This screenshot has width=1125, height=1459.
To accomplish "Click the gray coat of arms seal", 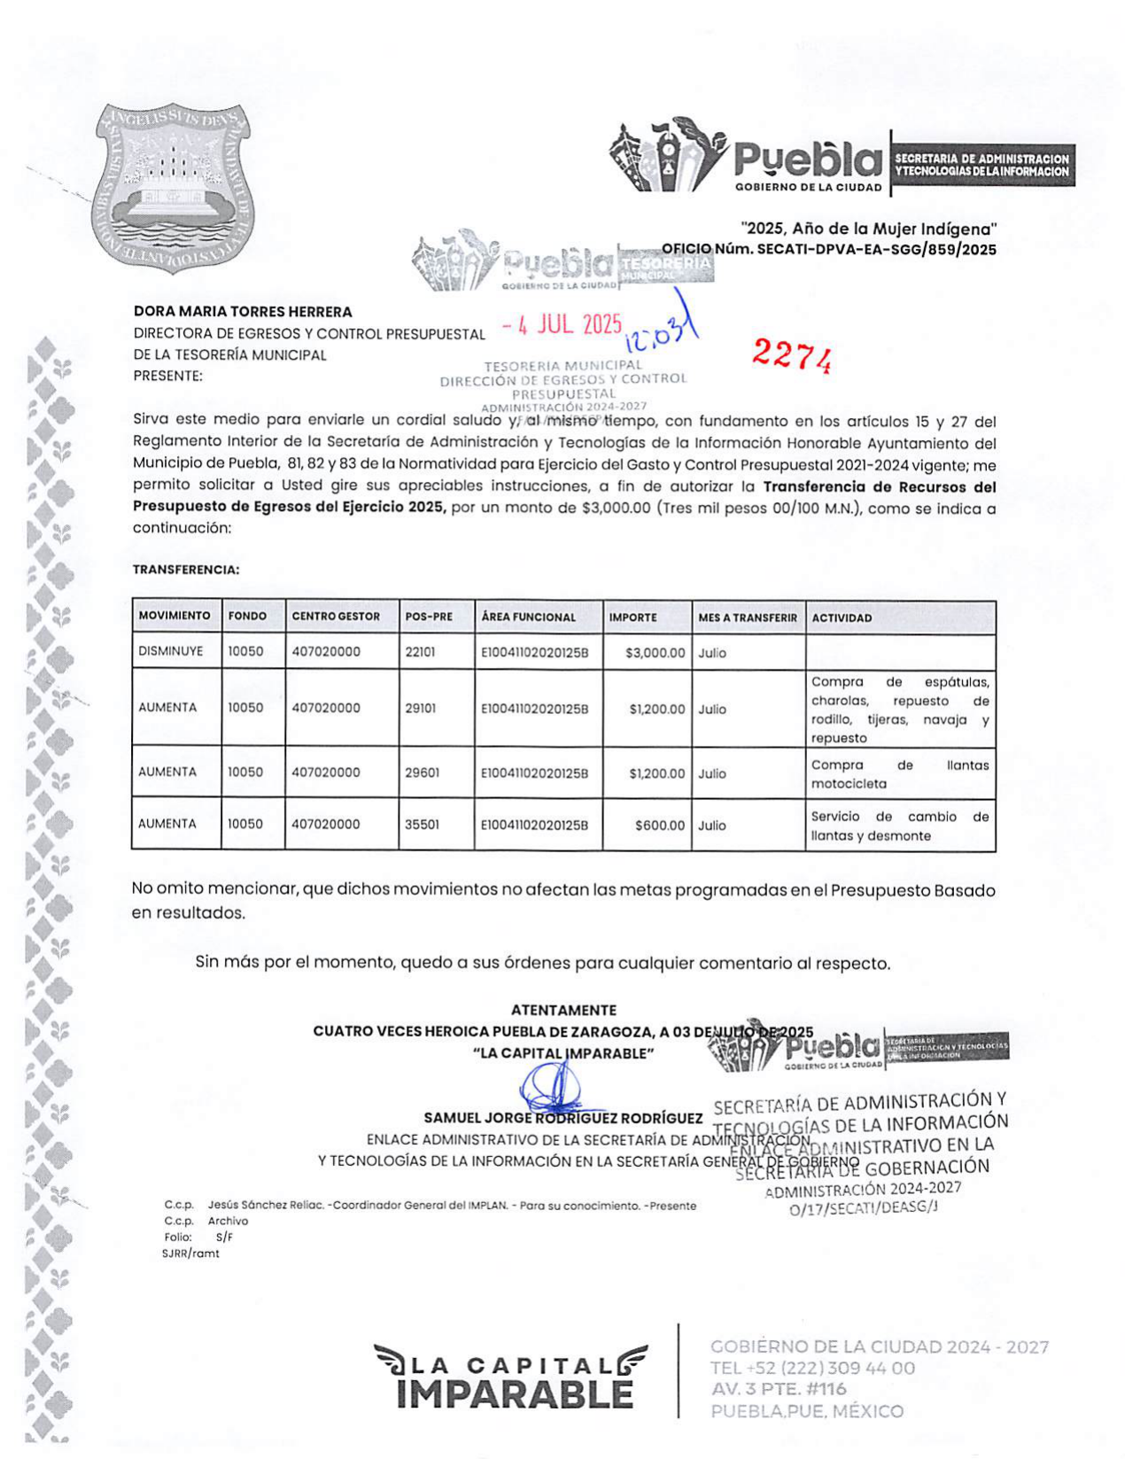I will [175, 189].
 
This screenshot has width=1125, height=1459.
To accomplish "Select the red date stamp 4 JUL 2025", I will [562, 325].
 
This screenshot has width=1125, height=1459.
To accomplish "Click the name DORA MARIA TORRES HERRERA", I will [243, 312].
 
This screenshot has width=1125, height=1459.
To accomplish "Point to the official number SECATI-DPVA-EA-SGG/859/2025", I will [876, 250].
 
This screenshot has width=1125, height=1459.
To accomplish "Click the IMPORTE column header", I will [632, 617].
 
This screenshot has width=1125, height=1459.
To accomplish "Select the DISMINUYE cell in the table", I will [171, 651].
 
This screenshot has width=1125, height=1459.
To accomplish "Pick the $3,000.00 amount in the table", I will [655, 653].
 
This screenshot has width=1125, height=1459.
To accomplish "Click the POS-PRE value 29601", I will [422, 772].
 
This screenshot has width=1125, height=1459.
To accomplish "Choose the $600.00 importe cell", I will [660, 825].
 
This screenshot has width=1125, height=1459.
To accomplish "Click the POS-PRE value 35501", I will [422, 824].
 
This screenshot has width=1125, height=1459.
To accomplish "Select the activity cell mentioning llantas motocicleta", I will [899, 774].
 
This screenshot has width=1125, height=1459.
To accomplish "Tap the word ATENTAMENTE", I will [563, 1010].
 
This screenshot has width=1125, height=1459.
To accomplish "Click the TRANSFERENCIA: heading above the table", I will [186, 570].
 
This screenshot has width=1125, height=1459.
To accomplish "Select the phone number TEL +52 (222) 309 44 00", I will [812, 1368].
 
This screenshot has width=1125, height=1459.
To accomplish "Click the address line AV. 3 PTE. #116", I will [779, 1389].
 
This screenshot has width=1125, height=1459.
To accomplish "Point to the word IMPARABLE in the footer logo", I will [515, 1393].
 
